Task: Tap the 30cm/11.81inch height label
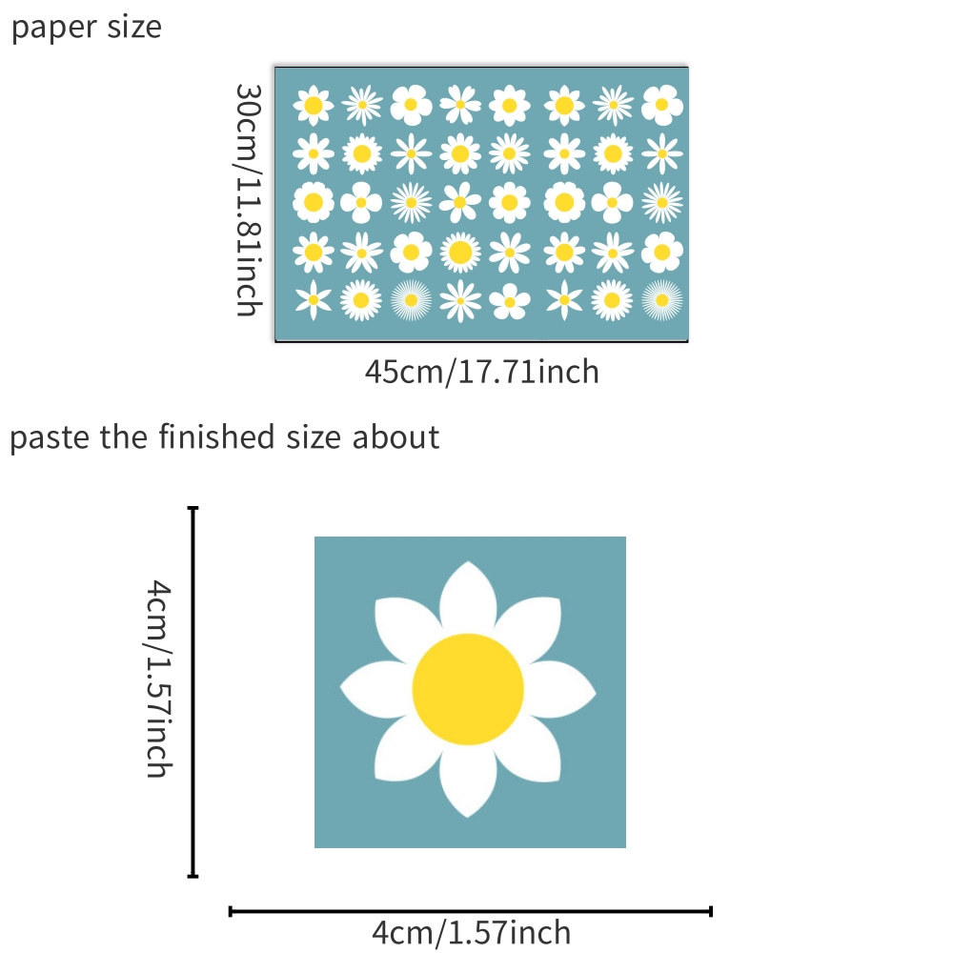click(249, 199)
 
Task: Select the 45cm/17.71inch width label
click(481, 371)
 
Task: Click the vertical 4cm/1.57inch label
click(157, 680)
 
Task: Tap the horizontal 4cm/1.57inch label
click(471, 931)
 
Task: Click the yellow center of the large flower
click(468, 689)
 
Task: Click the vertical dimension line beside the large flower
click(193, 692)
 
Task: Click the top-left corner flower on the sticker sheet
click(313, 106)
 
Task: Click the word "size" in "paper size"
click(136, 29)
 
